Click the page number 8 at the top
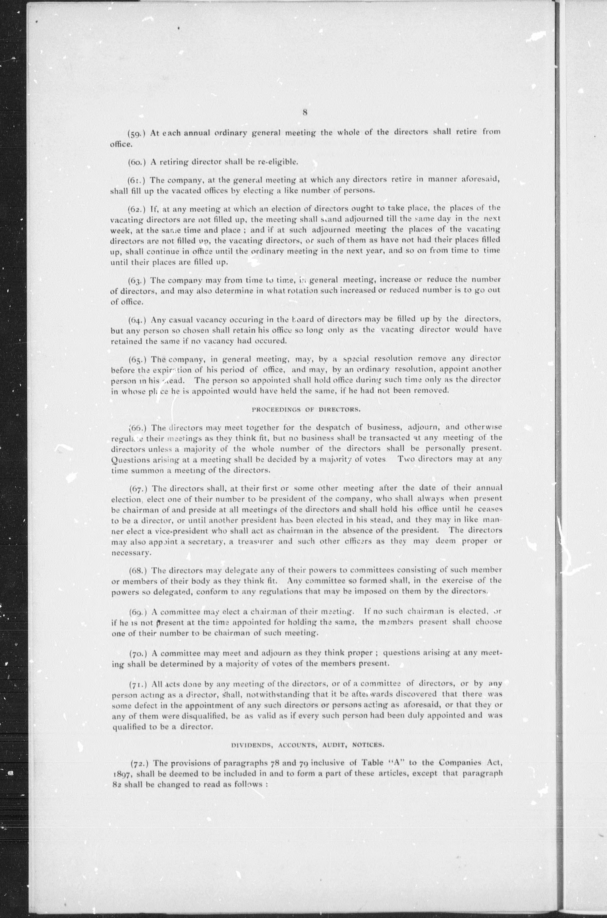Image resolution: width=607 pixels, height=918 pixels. click(x=305, y=112)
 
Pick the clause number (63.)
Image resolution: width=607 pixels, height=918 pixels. click(x=137, y=280)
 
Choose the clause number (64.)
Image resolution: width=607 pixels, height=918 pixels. click(x=137, y=320)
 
